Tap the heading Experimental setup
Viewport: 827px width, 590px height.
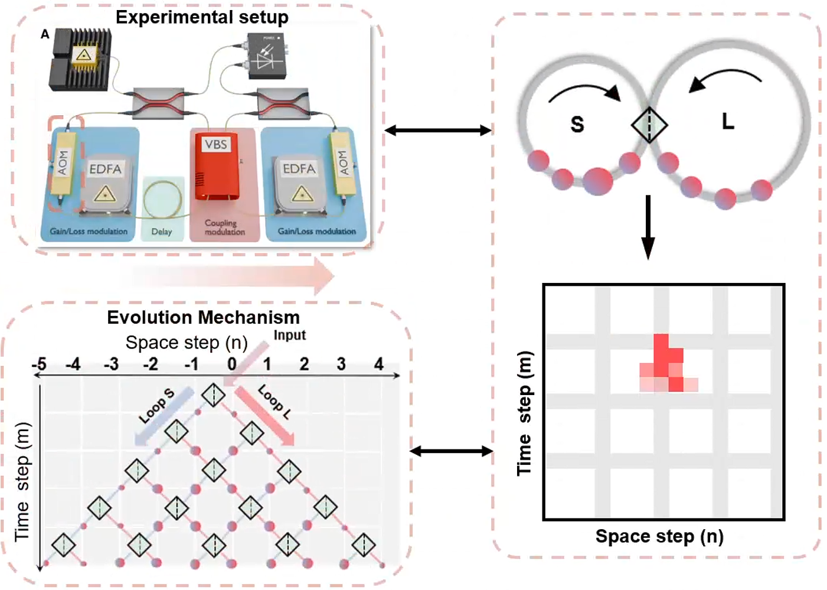click(x=202, y=17)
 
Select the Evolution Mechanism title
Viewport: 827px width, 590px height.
click(x=203, y=317)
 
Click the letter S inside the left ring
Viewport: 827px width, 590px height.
click(x=577, y=124)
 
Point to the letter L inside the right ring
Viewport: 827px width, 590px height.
click(x=728, y=122)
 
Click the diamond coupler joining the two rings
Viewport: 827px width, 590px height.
click(x=649, y=125)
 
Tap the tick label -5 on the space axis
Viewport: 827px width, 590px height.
click(x=39, y=364)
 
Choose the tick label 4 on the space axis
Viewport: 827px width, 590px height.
click(x=378, y=364)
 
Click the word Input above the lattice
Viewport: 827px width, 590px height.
click(x=289, y=335)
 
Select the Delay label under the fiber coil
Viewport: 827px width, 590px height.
click(x=161, y=232)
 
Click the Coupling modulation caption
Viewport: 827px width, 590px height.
click(x=224, y=227)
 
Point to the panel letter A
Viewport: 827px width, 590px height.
click(x=45, y=34)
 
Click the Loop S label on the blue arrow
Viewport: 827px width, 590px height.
click(x=156, y=406)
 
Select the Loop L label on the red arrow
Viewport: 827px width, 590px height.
click(x=274, y=402)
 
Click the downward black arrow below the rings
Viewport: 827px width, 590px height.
click(x=648, y=227)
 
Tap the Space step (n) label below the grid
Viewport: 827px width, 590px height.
click(x=659, y=536)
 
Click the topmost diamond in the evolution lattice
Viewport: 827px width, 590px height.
click(x=213, y=395)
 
